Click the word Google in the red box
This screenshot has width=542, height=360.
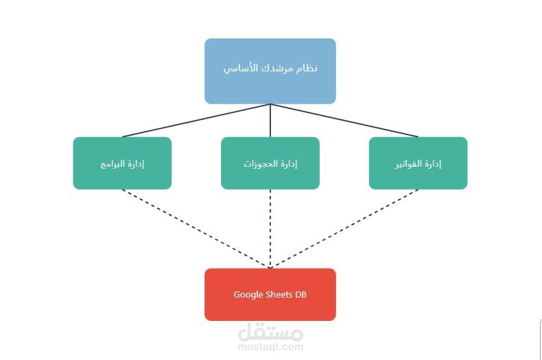248,295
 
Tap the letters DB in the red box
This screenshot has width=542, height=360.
301,295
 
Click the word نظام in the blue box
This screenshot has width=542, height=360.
307,69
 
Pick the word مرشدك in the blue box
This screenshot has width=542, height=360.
275,69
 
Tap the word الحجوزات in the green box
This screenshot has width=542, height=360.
260,164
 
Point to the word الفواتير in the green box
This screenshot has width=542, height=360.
408,164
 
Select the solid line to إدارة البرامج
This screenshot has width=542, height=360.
196,121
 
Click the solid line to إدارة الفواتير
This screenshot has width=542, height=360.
344,121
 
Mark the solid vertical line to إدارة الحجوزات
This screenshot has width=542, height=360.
270,121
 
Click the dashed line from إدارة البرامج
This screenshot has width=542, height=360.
196,228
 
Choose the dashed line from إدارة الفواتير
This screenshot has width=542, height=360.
344,228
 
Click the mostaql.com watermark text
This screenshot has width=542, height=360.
270,347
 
